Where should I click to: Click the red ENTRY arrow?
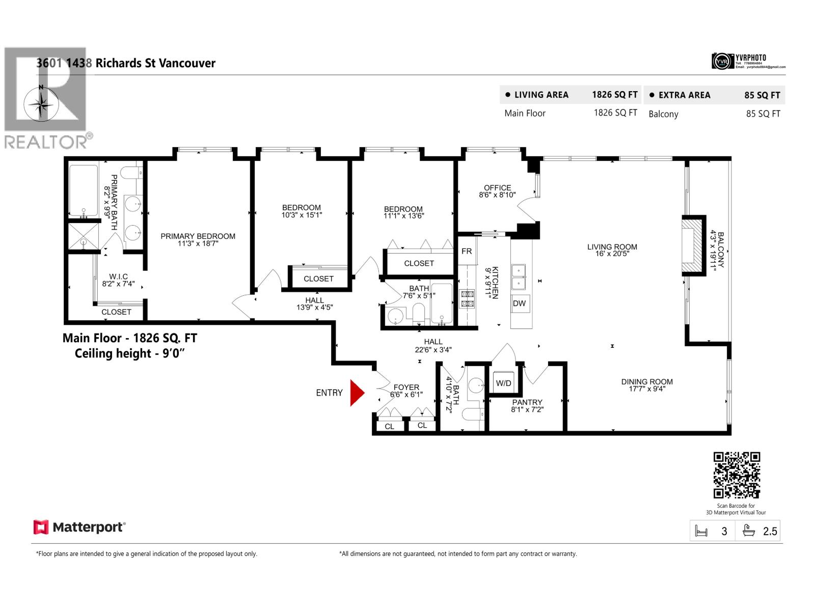[x=357, y=393]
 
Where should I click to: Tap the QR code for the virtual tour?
[x=737, y=475]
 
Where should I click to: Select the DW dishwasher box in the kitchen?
[x=519, y=304]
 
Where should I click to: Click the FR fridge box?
[x=467, y=251]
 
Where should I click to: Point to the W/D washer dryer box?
[x=503, y=383]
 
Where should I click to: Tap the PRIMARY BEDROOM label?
[x=198, y=236]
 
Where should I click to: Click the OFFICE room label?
[x=497, y=188]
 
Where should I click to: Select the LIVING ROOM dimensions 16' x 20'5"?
[x=612, y=254]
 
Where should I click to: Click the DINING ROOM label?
[x=646, y=381]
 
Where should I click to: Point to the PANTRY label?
[x=527, y=402]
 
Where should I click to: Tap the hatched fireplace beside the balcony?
[x=693, y=246]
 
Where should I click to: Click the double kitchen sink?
[x=519, y=276]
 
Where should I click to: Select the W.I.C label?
[x=118, y=276]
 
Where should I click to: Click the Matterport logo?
[x=79, y=527]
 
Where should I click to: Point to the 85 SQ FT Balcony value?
[x=763, y=114]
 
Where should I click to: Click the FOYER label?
[x=406, y=387]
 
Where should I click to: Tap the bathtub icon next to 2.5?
[x=748, y=531]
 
